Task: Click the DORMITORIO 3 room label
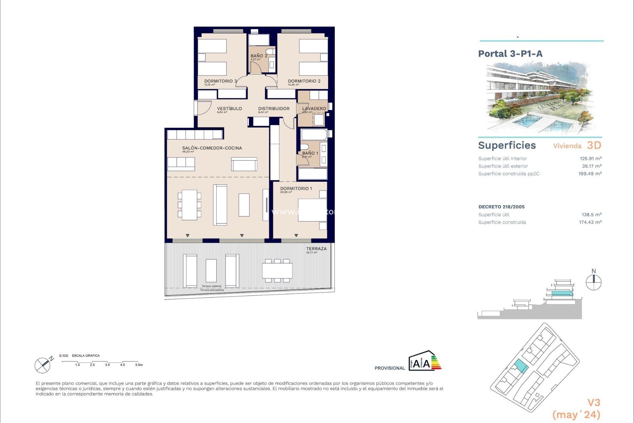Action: pyautogui.click(x=220, y=81)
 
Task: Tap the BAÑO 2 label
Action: pyautogui.click(x=259, y=56)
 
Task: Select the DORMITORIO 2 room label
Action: pyautogui.click(x=304, y=81)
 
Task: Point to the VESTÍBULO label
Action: pyautogui.click(x=229, y=108)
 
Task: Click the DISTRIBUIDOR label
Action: pyautogui.click(x=273, y=108)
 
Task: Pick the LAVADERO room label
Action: pyautogui.click(x=314, y=108)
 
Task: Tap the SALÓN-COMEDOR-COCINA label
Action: pyautogui.click(x=212, y=148)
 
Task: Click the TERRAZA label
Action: pyautogui.click(x=316, y=249)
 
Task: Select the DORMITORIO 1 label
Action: pyautogui.click(x=296, y=188)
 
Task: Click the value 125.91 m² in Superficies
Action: pyautogui.click(x=590, y=159)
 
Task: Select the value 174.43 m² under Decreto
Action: pyautogui.click(x=590, y=222)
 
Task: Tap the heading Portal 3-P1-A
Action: pyautogui.click(x=510, y=54)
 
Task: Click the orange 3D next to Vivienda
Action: pyautogui.click(x=594, y=145)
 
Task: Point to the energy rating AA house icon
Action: pyautogui.click(x=424, y=361)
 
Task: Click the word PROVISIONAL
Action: pyautogui.click(x=389, y=368)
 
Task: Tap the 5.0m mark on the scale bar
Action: pyautogui.click(x=138, y=365)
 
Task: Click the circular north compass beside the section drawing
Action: pyautogui.click(x=593, y=283)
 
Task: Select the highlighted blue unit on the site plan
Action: pyautogui.click(x=520, y=366)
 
